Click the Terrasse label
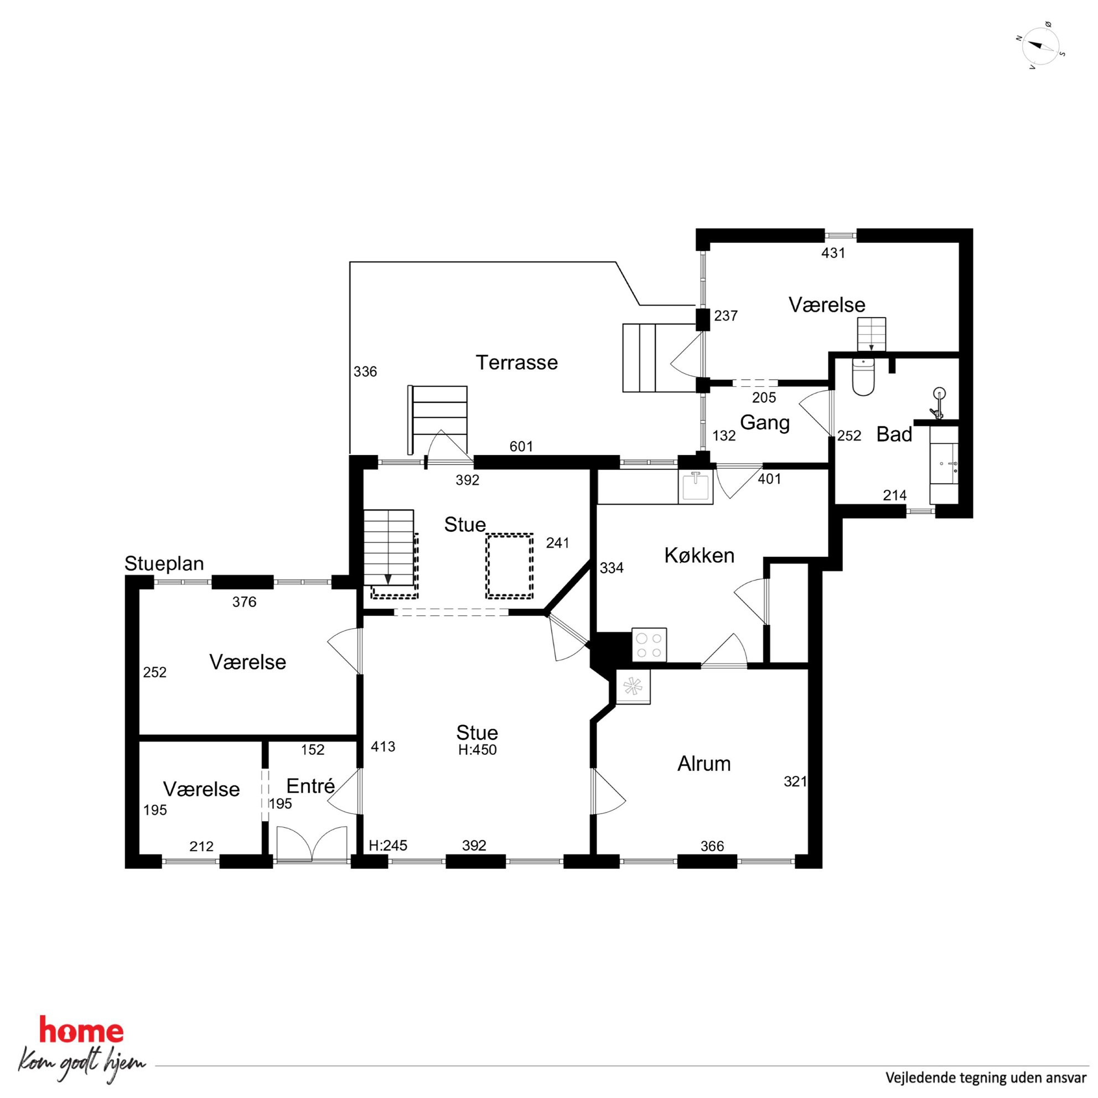[516, 362]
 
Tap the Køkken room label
[699, 555]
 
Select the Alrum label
[703, 764]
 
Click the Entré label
[310, 786]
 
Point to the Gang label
[765, 423]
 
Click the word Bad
[894, 434]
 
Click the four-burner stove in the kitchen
[649, 645]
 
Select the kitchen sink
[696, 486]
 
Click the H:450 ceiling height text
[478, 750]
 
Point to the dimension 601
[521, 447]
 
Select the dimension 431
[833, 253]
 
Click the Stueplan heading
[164, 564]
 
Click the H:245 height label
[388, 846]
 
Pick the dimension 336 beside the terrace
[365, 372]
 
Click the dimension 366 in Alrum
[712, 846]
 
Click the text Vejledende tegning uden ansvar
[986, 1077]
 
